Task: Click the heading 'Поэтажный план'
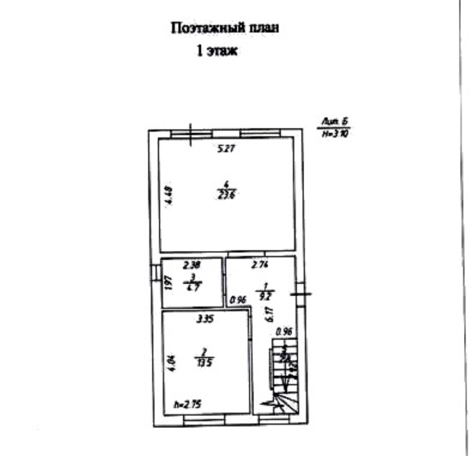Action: (226, 28)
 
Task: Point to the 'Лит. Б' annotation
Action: (335, 121)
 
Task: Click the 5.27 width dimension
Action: (227, 149)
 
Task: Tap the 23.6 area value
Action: (226, 194)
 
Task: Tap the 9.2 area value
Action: (265, 295)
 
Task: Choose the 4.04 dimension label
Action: (169, 363)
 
